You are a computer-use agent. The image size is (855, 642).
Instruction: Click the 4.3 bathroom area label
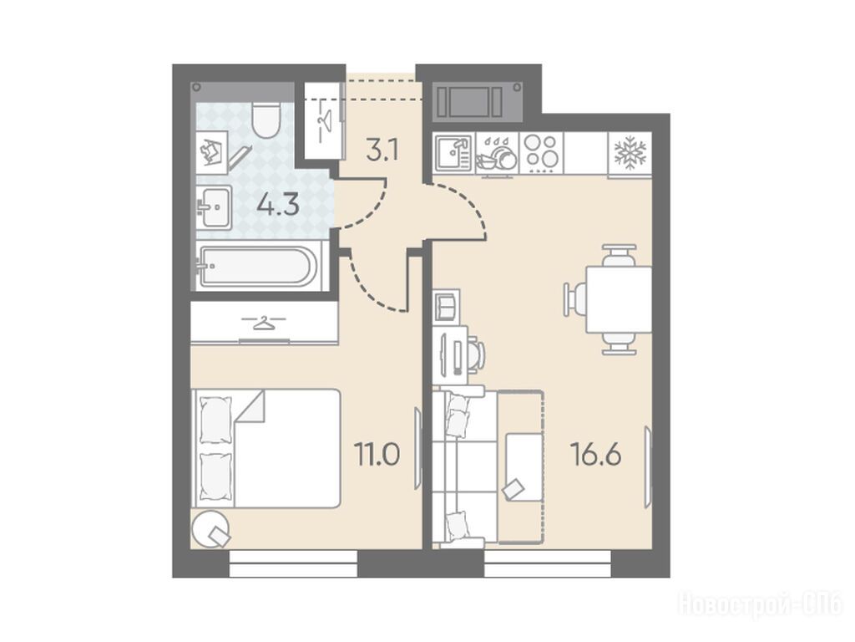[x=279, y=206]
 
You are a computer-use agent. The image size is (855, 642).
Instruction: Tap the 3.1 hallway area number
[x=383, y=150]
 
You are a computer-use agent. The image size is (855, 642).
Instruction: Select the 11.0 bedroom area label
[x=377, y=454]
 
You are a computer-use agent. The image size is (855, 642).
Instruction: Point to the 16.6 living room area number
[x=596, y=454]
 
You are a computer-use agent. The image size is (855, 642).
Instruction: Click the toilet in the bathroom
[x=266, y=120]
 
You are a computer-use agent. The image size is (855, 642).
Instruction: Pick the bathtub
[x=255, y=267]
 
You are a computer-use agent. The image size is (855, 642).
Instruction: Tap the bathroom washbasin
[x=215, y=207]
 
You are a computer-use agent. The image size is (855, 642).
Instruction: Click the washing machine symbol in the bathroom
[x=211, y=151]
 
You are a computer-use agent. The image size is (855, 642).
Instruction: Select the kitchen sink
[x=453, y=153]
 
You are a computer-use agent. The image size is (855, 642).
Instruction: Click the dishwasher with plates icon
[x=497, y=154]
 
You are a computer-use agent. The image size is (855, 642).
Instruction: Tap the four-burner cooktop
[x=540, y=152]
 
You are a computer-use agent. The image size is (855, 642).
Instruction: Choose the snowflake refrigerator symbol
[x=630, y=153]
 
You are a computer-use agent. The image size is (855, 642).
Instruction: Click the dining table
[x=619, y=299]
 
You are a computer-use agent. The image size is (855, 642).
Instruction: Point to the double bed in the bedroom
[x=266, y=448]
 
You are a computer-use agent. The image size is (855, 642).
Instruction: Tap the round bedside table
[x=211, y=528]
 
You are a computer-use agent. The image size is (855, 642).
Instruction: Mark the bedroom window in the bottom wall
[x=293, y=564]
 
